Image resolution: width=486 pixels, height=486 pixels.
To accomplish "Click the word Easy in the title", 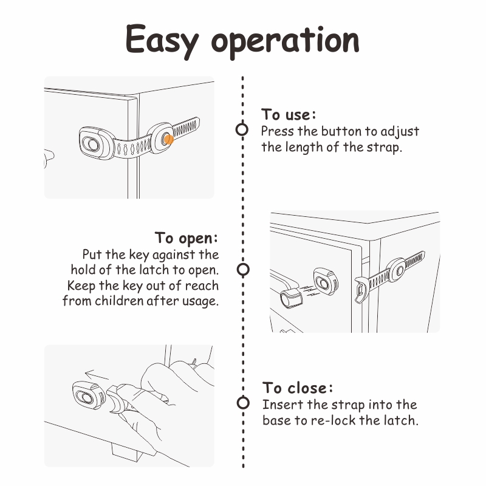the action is tap(162, 41).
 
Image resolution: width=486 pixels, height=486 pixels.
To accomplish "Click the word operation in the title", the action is tap(285, 42).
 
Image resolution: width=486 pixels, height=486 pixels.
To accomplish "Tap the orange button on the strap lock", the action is tap(169, 140).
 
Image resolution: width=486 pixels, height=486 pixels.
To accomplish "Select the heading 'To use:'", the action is tap(288, 114).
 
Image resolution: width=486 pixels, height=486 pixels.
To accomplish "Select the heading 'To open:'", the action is tap(187, 238).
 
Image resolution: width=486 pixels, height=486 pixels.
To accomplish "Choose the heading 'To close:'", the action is tap(298, 388).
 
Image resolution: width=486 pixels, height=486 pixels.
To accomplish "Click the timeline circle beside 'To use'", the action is tap(242, 129).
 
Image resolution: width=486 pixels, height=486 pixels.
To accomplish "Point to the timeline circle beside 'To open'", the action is tap(243, 269).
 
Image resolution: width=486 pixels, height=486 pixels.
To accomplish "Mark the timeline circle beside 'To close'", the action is tap(243, 403).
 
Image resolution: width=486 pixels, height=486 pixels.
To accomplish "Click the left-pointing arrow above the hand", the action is tap(97, 375).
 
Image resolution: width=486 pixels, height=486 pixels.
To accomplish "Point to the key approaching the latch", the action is tap(291, 297).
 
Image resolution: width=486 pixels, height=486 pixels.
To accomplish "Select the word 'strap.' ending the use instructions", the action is tap(385, 148).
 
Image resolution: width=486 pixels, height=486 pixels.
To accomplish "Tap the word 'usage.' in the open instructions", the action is tap(200, 301).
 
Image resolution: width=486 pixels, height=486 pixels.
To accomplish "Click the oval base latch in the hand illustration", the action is tap(87, 395).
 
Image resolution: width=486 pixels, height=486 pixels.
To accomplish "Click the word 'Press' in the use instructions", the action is tap(277, 131).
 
